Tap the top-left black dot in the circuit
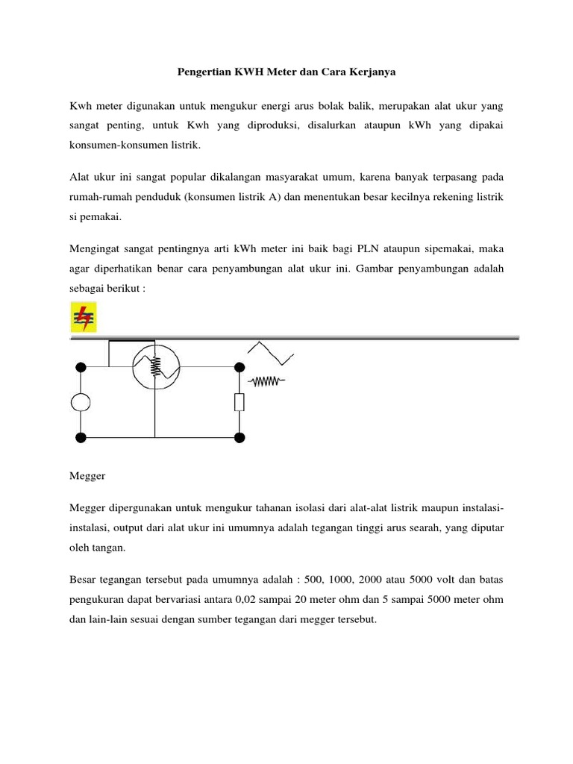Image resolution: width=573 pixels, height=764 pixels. tap(81, 367)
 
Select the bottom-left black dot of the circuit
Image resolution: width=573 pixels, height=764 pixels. tap(81, 436)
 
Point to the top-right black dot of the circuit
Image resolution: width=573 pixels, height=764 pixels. tap(239, 367)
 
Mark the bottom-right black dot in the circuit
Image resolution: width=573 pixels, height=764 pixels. tap(239, 436)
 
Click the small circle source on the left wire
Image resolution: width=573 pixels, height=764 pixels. tap(81, 402)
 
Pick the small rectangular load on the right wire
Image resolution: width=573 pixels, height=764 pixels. tap(239, 402)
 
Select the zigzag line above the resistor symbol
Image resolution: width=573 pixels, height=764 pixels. tap(270, 353)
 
